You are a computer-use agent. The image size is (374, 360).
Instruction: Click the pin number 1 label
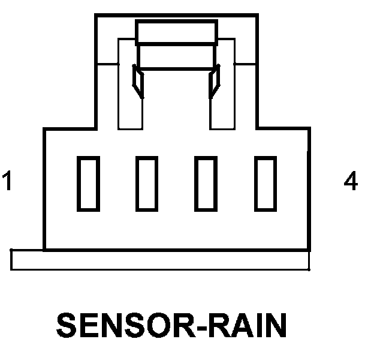pyautogui.click(x=7, y=181)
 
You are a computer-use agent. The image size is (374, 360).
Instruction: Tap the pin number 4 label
pyautogui.click(x=351, y=181)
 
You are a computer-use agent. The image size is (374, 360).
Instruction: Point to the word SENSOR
pyautogui.click(x=125, y=325)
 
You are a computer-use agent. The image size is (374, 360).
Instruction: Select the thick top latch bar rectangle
pyautogui.click(x=176, y=21)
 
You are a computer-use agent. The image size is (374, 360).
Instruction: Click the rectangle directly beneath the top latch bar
pyautogui.click(x=176, y=69)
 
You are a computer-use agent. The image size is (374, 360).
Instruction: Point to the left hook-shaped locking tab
pyautogui.click(x=138, y=81)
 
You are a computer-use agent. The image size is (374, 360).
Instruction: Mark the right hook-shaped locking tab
pyautogui.click(x=214, y=81)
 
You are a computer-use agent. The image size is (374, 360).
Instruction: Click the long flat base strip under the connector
pyautogui.click(x=160, y=270)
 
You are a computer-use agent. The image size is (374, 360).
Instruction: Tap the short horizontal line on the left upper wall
pyautogui.click(x=108, y=64)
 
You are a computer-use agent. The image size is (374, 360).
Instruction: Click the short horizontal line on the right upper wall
pyautogui.click(x=245, y=64)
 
